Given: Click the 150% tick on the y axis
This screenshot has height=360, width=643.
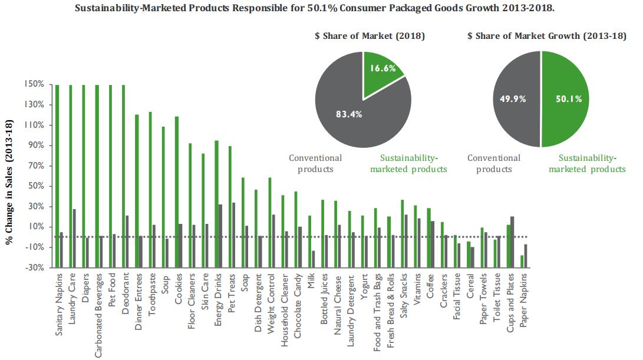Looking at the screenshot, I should tap(34, 84).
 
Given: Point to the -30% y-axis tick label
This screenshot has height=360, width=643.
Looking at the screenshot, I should tap(34, 267).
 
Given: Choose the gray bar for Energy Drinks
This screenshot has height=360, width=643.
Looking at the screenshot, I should tap(220, 220).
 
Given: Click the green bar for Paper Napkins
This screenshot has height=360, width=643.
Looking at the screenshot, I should tap(522, 261).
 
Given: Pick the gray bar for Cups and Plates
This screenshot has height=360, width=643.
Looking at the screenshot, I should tap(512, 227).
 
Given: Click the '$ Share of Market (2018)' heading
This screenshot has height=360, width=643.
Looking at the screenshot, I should tap(370, 36).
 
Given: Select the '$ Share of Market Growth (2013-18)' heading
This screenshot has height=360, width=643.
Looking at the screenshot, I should tap(546, 36).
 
